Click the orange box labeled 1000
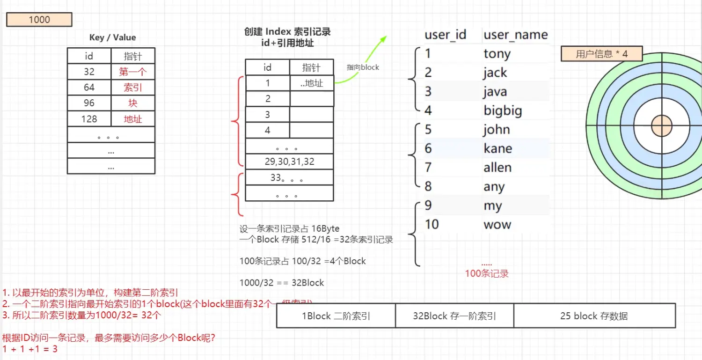click(39, 20)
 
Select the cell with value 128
click(89, 119)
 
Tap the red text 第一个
click(133, 72)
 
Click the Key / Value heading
click(112, 37)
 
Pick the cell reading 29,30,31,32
click(289, 162)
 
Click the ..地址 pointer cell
click(311, 83)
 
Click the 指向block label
click(363, 67)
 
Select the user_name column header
click(515, 35)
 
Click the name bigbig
click(503, 111)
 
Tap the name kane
click(497, 149)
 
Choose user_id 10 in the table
click(431, 224)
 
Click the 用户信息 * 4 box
click(601, 54)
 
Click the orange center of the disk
click(662, 125)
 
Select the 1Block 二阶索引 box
click(336, 316)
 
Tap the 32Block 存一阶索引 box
click(454, 316)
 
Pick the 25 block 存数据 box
click(594, 316)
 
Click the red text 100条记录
click(487, 273)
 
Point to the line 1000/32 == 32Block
click(282, 282)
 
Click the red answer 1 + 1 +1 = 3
click(30, 349)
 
